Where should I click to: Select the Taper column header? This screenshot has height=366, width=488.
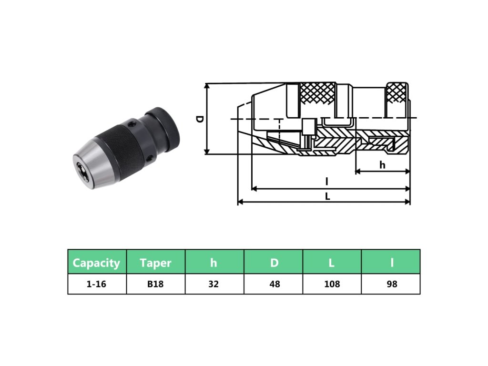point(156,262)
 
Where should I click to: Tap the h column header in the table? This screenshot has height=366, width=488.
point(214,262)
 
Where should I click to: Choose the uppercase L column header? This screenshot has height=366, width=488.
point(332,262)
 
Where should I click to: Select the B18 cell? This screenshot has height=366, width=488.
point(156,284)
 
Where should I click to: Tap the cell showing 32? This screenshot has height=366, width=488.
point(214,284)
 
